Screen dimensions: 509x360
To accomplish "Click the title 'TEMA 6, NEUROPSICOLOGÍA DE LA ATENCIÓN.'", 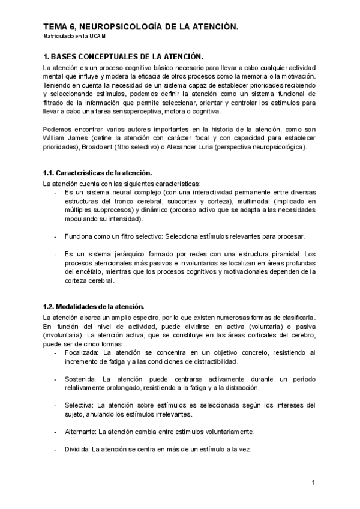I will [x=142, y=26].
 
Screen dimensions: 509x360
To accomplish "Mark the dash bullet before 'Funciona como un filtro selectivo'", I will [x=56, y=236].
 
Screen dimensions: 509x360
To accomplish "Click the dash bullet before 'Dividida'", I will [x=56, y=450].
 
